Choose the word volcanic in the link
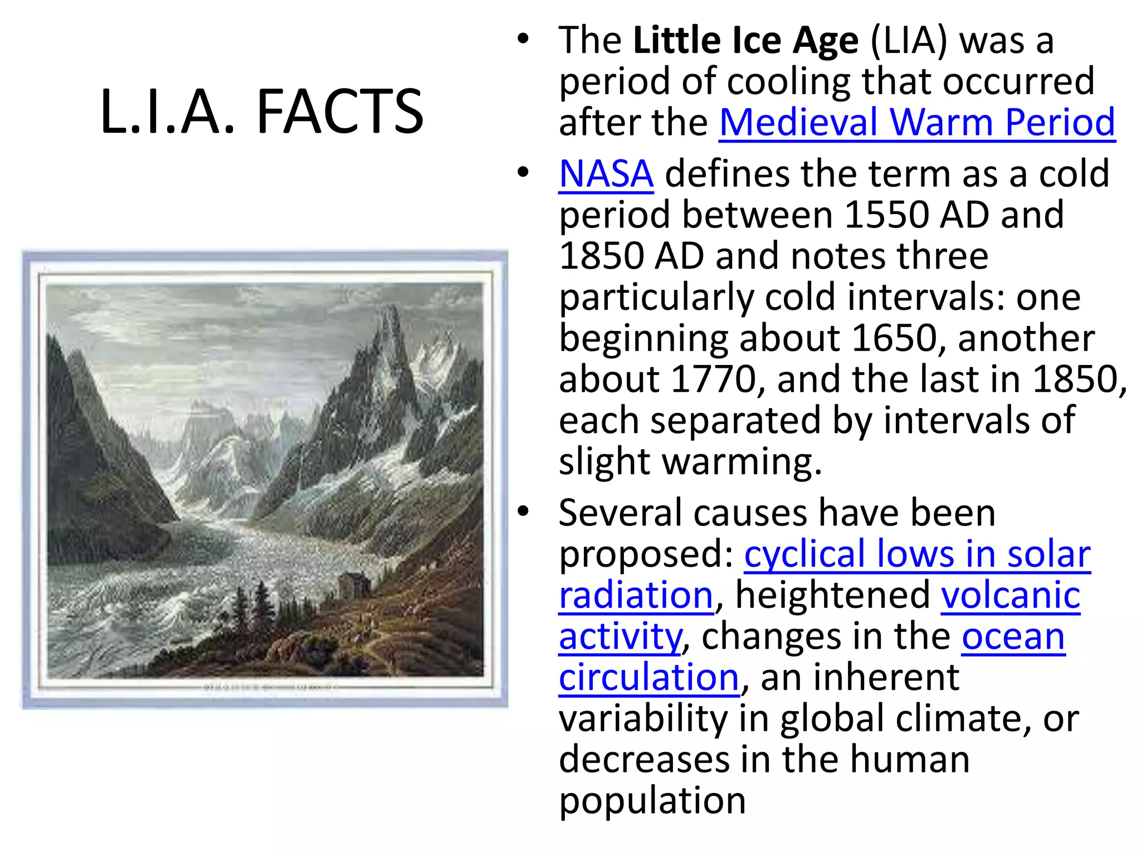(1011, 595)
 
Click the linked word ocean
(1013, 636)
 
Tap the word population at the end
(652, 801)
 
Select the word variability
(643, 719)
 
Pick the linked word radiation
(636, 595)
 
